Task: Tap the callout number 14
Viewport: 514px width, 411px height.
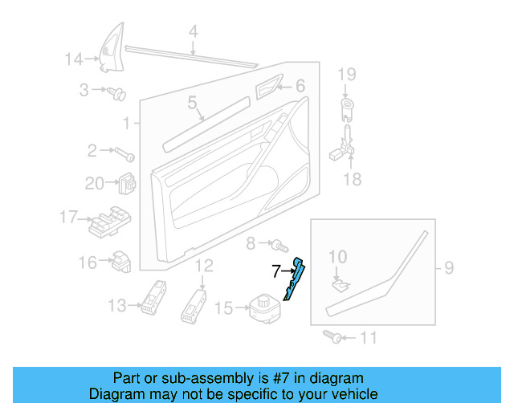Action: coord(74,59)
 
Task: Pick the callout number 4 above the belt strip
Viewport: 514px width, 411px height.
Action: coord(193,33)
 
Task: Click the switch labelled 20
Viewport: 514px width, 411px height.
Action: coord(125,184)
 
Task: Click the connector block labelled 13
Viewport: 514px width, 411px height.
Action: coord(153,296)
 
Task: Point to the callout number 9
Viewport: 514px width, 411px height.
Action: coord(448,267)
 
